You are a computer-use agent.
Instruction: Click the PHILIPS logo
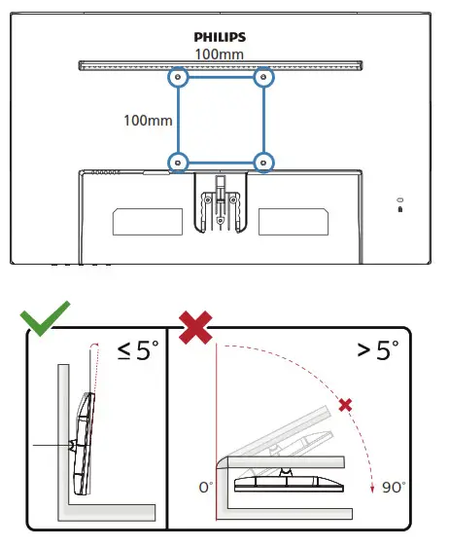[x=219, y=37]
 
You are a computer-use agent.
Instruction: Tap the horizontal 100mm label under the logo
[x=218, y=54]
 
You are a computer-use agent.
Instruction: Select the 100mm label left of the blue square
[x=148, y=122]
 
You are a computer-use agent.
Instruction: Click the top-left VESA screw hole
[x=177, y=76]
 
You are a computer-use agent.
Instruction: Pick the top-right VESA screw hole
[x=262, y=76]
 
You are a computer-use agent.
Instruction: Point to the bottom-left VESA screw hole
[x=177, y=162]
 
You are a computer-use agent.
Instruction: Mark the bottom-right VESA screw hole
[x=262, y=162]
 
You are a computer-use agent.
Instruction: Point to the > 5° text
[x=379, y=349]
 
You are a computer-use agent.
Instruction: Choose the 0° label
[x=206, y=486]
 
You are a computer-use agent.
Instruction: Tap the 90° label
[x=395, y=486]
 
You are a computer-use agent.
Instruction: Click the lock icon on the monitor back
[x=399, y=206]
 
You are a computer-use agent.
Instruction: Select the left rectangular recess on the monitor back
[x=146, y=222]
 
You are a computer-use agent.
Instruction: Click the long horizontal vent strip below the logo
[x=219, y=65]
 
